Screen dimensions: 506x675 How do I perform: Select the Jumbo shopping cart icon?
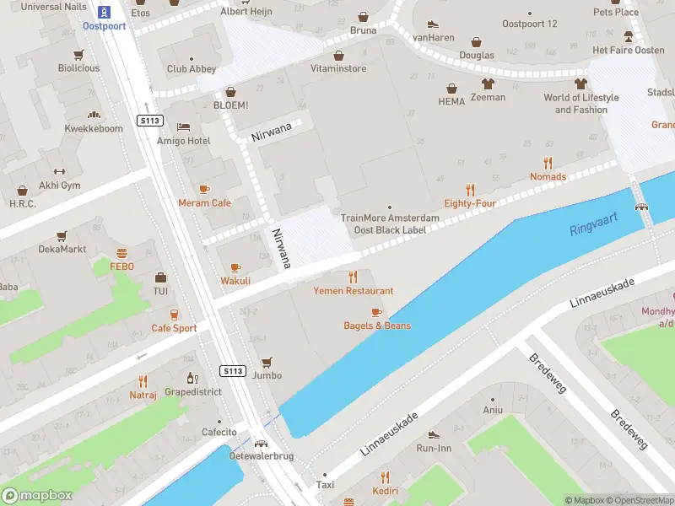(267, 362)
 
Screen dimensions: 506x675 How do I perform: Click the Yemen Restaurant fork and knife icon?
(353, 277)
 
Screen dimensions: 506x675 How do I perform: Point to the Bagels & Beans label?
(377, 326)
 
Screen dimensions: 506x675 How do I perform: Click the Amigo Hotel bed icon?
(183, 127)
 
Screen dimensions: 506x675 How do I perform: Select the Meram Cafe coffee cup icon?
(204, 189)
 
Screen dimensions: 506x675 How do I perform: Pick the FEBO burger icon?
(122, 253)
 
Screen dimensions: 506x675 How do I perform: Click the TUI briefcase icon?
(160, 277)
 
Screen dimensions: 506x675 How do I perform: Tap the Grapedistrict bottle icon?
(192, 379)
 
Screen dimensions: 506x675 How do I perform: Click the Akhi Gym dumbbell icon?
(59, 172)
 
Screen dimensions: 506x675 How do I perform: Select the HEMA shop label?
(451, 101)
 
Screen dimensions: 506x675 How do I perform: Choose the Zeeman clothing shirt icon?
(488, 83)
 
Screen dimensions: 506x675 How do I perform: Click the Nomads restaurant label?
(548, 176)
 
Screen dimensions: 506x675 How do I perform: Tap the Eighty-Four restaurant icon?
(470, 190)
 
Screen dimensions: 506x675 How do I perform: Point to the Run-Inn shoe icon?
(434, 434)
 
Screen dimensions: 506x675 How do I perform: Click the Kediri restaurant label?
(386, 491)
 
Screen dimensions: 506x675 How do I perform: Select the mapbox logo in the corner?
(37, 496)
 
